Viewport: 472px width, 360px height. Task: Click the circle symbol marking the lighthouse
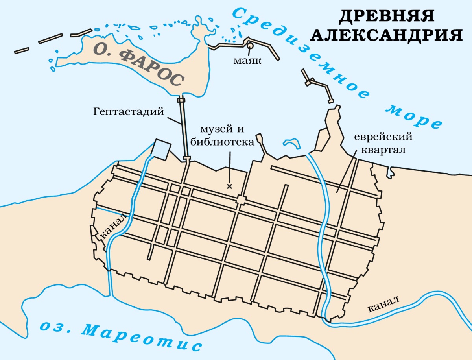(x=250, y=46)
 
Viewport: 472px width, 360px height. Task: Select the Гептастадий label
(x=129, y=112)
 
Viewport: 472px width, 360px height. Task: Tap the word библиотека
(x=222, y=142)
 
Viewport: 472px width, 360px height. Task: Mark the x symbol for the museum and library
(x=229, y=186)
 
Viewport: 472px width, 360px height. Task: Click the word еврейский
(x=383, y=138)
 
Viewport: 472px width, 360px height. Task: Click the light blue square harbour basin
(x=161, y=149)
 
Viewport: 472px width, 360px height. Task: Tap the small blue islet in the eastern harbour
(x=290, y=142)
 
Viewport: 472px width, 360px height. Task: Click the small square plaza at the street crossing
(x=241, y=201)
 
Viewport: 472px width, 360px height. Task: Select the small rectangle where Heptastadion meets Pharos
(x=181, y=100)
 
